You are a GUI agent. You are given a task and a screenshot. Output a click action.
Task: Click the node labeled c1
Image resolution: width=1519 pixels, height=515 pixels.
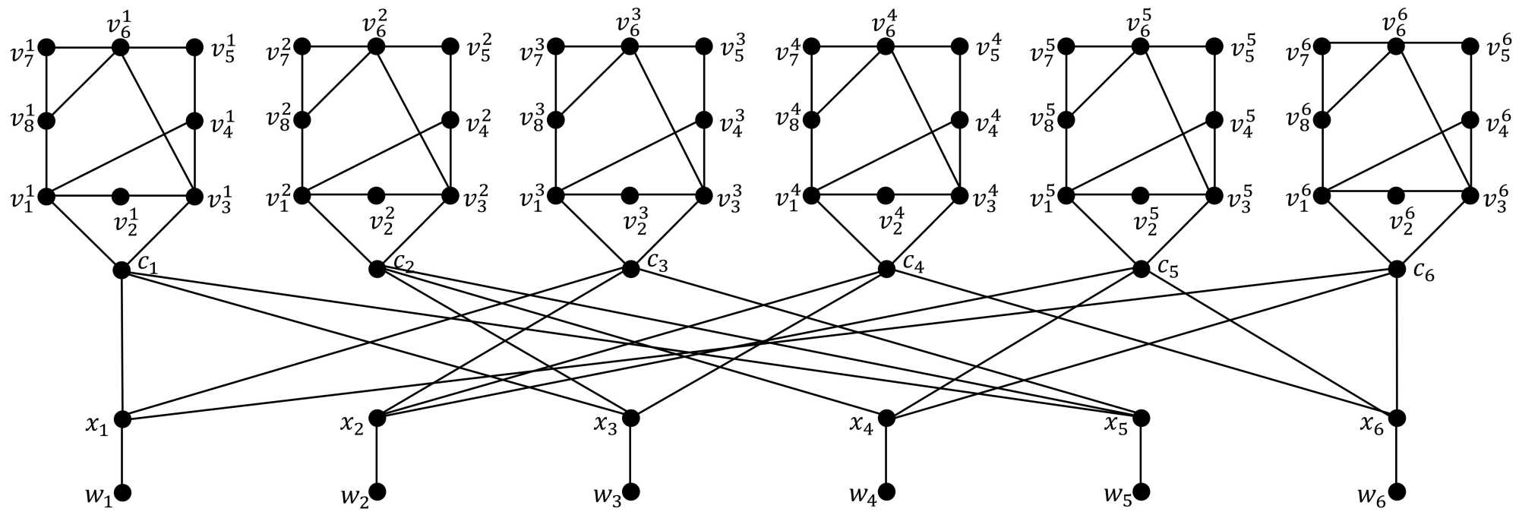(x=122, y=270)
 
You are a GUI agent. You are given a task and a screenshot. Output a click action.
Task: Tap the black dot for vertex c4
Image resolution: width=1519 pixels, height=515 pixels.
(x=886, y=270)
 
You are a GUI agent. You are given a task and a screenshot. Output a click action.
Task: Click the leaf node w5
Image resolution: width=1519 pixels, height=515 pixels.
(x=1140, y=492)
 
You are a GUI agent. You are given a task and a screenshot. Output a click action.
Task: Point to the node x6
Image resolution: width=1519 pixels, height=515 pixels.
(x=1396, y=418)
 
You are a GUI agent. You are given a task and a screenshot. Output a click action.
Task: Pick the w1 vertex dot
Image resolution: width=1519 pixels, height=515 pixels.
(x=122, y=492)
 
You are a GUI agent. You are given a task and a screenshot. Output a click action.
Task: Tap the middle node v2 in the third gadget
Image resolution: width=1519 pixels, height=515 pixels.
(x=629, y=196)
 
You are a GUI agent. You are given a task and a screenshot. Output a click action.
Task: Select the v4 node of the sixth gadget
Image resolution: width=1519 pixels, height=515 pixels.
(x=1470, y=121)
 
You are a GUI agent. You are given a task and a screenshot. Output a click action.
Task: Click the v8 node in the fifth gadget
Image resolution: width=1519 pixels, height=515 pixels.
(x=1066, y=121)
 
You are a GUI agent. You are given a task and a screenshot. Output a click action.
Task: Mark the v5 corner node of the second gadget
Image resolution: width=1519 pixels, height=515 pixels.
(x=450, y=47)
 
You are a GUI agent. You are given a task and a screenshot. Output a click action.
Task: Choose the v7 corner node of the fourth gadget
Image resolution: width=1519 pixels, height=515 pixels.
(x=812, y=47)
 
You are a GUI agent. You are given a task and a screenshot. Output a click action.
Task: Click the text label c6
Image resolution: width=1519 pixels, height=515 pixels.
(x=1424, y=273)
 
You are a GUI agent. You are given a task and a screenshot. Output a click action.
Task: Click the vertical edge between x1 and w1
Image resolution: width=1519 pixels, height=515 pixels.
(x=122, y=456)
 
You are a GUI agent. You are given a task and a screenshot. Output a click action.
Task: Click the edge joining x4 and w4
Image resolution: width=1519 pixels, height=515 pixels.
(x=886, y=456)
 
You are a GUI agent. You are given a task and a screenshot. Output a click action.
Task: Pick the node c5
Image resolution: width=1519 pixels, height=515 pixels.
(x=1140, y=270)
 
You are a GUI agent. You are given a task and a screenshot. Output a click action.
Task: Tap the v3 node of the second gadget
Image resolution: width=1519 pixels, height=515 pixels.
(x=450, y=196)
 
